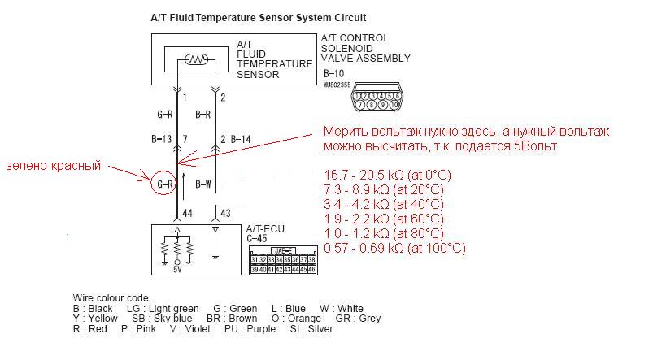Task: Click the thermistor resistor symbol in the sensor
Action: (x=196, y=59)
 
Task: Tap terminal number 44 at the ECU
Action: (x=188, y=214)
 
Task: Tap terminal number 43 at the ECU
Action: (x=226, y=214)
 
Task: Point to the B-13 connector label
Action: (x=161, y=140)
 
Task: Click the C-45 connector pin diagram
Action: (x=282, y=259)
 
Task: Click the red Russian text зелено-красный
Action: (x=53, y=166)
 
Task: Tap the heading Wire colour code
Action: (x=111, y=297)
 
